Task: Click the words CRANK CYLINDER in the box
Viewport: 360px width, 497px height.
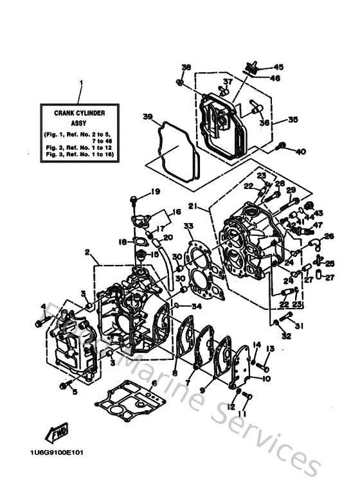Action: point(80,113)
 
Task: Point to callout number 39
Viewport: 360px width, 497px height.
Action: point(148,116)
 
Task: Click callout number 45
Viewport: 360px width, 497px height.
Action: point(278,67)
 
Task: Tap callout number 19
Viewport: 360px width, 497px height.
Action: point(154,192)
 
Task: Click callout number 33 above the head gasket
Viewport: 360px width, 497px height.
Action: point(188,226)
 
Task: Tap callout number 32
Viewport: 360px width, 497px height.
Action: point(286,335)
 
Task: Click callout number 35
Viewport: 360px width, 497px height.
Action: point(293,120)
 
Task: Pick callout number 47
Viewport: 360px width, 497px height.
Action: point(317,224)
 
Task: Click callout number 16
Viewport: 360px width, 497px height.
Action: point(176,211)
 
